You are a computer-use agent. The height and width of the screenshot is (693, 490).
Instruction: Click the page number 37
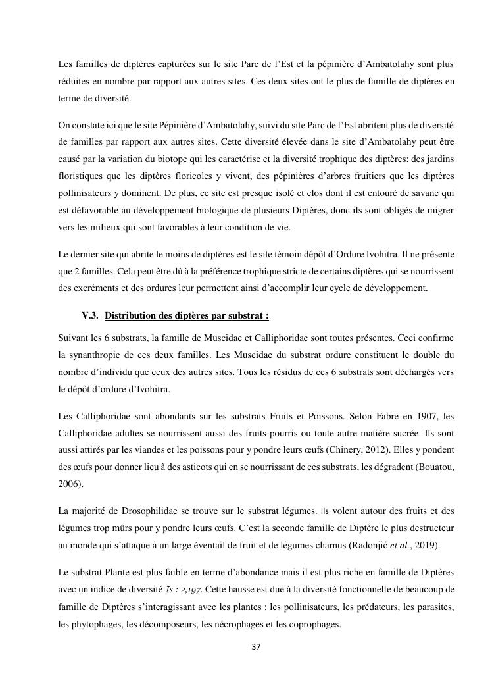tap(257, 647)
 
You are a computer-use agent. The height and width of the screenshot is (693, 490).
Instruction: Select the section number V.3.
tap(90, 316)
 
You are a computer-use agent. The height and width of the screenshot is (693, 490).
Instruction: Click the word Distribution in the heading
tap(129, 316)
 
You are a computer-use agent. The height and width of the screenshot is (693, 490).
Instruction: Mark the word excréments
tap(95, 288)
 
